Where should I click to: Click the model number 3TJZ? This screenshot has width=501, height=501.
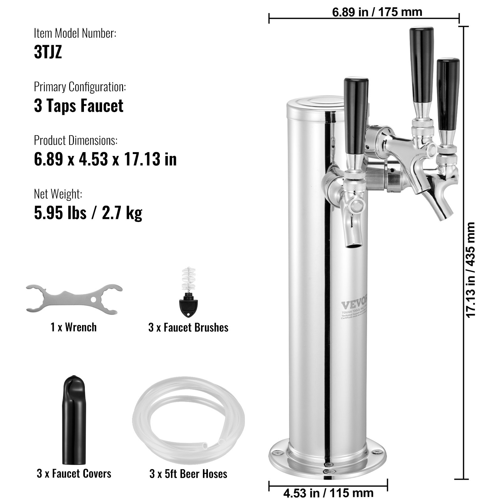tap(48, 52)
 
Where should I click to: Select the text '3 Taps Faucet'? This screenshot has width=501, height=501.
tap(79, 106)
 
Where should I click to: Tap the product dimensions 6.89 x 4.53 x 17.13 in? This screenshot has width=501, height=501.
tap(105, 159)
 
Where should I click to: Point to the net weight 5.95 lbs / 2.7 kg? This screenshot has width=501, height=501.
tap(88, 213)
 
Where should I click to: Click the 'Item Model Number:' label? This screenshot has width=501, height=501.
tap(75, 33)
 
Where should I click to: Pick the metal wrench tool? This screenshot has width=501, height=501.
tap(74, 298)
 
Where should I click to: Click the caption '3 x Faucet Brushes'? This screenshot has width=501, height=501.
tap(188, 328)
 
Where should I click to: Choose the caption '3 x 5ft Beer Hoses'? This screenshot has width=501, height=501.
tap(188, 473)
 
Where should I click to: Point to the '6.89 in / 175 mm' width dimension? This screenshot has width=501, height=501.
tap(377, 12)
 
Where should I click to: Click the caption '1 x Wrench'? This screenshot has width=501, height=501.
tap(74, 327)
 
